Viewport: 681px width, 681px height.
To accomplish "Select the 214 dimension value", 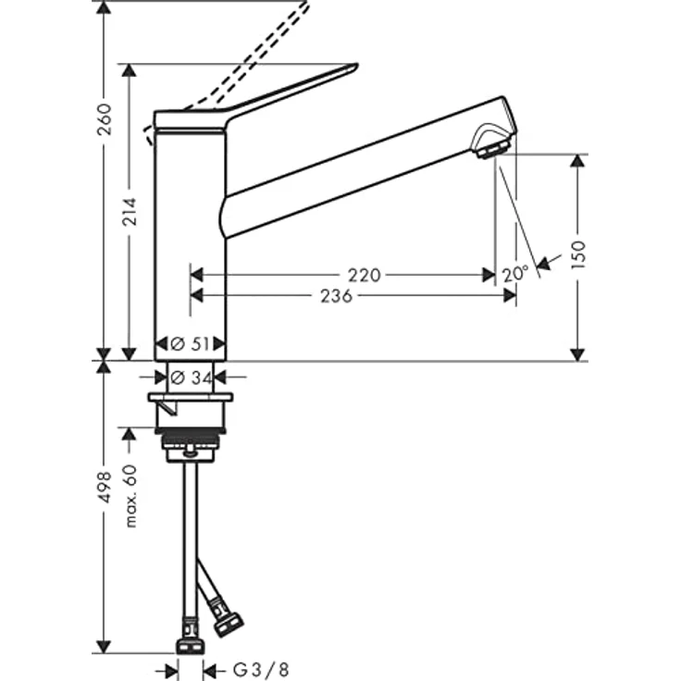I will (130, 215).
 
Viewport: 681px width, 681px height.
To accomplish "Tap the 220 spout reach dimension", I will (365, 275).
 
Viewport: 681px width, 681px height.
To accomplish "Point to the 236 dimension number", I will (336, 296).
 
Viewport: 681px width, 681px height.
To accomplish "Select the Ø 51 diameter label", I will (190, 344).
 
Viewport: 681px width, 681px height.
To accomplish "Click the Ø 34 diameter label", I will (190, 377).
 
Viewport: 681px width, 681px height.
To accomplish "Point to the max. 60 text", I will (130, 496).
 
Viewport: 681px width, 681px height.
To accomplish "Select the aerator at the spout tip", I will (491, 145).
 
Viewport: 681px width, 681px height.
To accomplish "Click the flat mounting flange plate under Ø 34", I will (190, 397).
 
